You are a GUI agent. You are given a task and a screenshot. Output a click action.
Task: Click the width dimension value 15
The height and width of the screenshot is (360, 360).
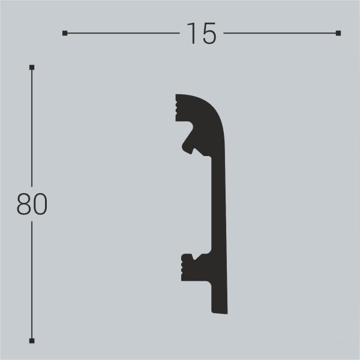coord(200,34)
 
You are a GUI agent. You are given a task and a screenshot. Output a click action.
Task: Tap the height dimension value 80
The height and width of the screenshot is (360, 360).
coord(32,205)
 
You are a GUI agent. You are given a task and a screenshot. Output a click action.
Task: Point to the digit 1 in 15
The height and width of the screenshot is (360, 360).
coord(191,34)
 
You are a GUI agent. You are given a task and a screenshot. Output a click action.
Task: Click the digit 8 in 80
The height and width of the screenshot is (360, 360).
coord(24,205)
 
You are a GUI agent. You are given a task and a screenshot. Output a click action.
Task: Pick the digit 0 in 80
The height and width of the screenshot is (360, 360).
coord(40,205)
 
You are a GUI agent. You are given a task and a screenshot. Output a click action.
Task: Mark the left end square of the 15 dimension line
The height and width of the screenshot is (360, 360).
coord(65,33)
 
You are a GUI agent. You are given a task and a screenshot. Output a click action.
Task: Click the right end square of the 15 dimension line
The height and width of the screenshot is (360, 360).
coord(338,33)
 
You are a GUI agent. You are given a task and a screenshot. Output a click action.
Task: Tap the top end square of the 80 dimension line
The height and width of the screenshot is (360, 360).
coord(32,67)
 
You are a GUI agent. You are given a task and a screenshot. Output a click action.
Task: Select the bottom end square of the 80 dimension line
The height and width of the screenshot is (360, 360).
coord(32,341)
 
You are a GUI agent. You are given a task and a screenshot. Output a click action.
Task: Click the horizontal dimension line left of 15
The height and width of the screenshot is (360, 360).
coord(120,33)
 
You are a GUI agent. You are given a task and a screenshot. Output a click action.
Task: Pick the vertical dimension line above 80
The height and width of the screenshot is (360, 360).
coord(32,126)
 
